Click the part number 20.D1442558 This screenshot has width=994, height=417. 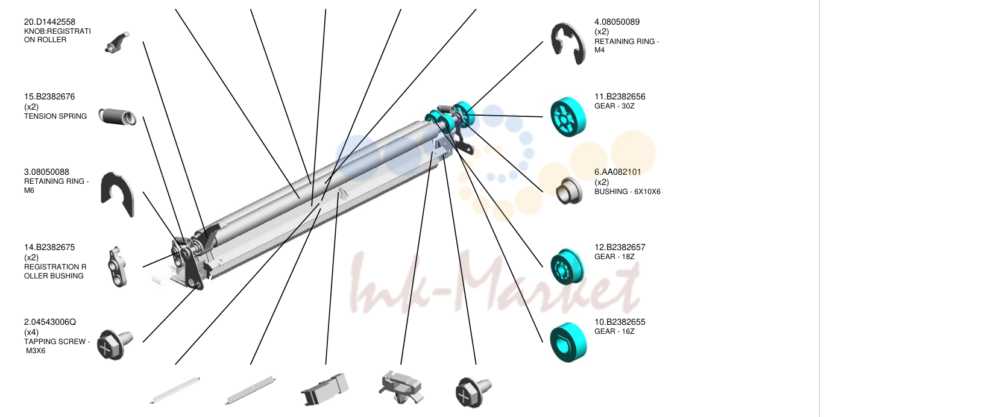(x=49, y=22)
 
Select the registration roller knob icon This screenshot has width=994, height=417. (x=118, y=43)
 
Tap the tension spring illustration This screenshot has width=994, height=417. (x=117, y=117)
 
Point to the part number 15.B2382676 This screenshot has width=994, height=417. (x=49, y=96)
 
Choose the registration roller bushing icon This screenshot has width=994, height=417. (x=118, y=266)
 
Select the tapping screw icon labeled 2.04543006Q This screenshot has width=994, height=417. (x=115, y=344)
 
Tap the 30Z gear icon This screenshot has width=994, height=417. (x=568, y=117)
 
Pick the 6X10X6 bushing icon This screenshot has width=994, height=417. (x=569, y=191)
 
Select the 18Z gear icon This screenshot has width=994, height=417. (x=568, y=266)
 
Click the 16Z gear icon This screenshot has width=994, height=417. (x=568, y=342)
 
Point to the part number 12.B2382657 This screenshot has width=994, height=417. (x=620, y=247)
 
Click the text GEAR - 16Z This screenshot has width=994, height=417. (x=614, y=331)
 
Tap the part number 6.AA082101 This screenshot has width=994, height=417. (x=618, y=172)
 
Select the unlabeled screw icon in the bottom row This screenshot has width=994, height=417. (x=473, y=392)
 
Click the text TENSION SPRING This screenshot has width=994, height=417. (x=55, y=116)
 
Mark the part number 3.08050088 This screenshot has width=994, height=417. (x=46, y=172)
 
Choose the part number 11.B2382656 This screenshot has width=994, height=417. (x=620, y=96)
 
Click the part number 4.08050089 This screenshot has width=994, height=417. (x=617, y=22)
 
